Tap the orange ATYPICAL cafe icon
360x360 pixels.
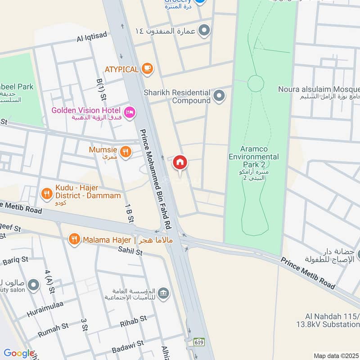(x=147, y=69)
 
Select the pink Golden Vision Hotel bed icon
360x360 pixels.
(x=130, y=113)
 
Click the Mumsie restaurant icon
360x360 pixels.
(x=126, y=152)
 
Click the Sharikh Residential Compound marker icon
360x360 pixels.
(x=219, y=96)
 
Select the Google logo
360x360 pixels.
(x=18, y=354)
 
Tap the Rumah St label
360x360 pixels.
(x=53, y=329)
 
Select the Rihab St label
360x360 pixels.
(x=133, y=321)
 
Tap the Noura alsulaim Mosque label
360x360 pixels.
(x=319, y=93)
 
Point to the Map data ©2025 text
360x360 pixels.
(x=335, y=355)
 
